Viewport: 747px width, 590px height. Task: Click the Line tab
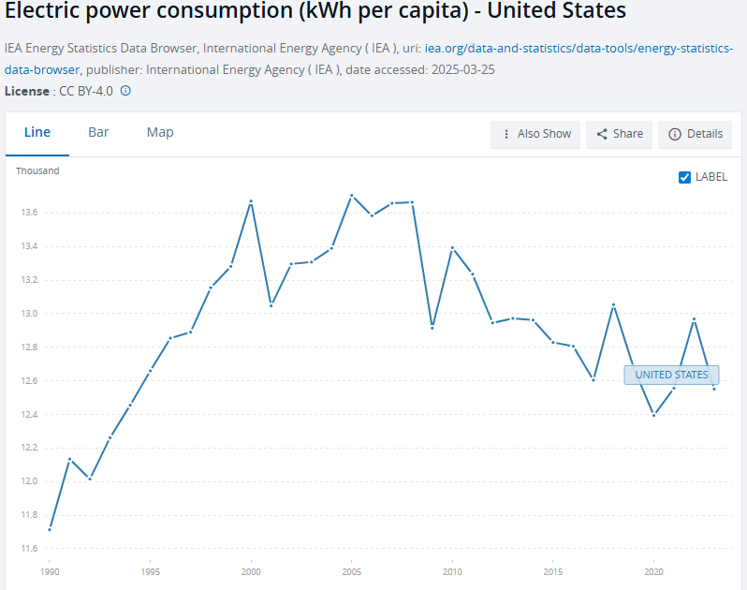pyautogui.click(x=37, y=133)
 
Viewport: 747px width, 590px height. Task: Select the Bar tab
pyautogui.click(x=98, y=133)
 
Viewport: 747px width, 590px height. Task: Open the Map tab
pyautogui.click(x=160, y=133)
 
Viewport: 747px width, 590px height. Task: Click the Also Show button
pyautogui.click(x=535, y=134)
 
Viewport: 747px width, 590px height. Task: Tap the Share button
pyautogui.click(x=619, y=134)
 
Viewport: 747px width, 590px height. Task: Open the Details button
pyautogui.click(x=695, y=134)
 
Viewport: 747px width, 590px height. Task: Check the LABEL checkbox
pyautogui.click(x=684, y=177)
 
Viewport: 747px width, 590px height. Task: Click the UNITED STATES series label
pyautogui.click(x=671, y=375)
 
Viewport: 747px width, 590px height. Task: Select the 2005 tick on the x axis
pyautogui.click(x=351, y=570)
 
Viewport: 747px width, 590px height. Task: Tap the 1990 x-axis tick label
pyautogui.click(x=50, y=570)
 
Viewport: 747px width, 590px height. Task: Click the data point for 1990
pyautogui.click(x=50, y=529)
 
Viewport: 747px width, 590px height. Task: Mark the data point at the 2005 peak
pyautogui.click(x=351, y=196)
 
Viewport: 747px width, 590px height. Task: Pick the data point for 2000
pyautogui.click(x=251, y=201)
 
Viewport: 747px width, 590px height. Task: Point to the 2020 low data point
pyautogui.click(x=653, y=415)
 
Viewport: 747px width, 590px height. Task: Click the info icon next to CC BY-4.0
pyautogui.click(x=125, y=91)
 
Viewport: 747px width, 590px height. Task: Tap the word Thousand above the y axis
pyautogui.click(x=37, y=170)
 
